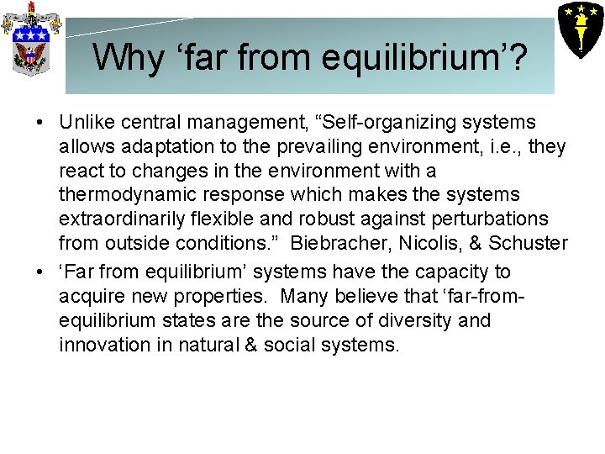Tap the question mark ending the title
coord(517,57)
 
